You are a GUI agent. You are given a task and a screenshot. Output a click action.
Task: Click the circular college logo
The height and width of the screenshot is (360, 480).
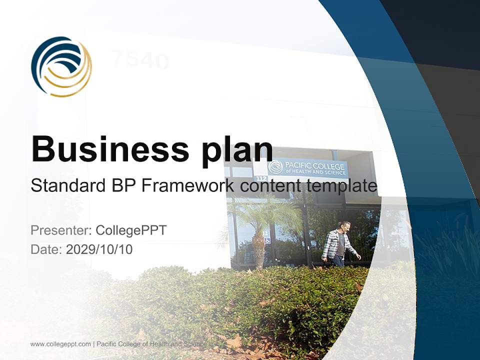coord(61,66)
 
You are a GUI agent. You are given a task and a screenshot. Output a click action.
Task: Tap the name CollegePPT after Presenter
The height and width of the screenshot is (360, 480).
coord(131,230)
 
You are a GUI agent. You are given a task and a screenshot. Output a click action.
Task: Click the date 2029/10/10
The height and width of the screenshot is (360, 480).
coord(99,249)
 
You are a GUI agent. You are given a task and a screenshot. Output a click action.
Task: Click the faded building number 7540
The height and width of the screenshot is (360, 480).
coord(140,60)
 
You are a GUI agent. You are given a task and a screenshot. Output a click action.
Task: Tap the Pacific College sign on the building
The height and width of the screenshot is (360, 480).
coord(308,168)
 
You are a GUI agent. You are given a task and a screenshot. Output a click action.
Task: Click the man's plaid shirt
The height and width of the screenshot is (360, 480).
coord(334,245)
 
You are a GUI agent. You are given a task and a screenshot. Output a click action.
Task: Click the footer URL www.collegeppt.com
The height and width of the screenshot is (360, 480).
coord(60,344)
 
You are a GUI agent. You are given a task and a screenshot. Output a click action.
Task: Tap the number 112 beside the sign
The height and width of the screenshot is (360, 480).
coord(261,178)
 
